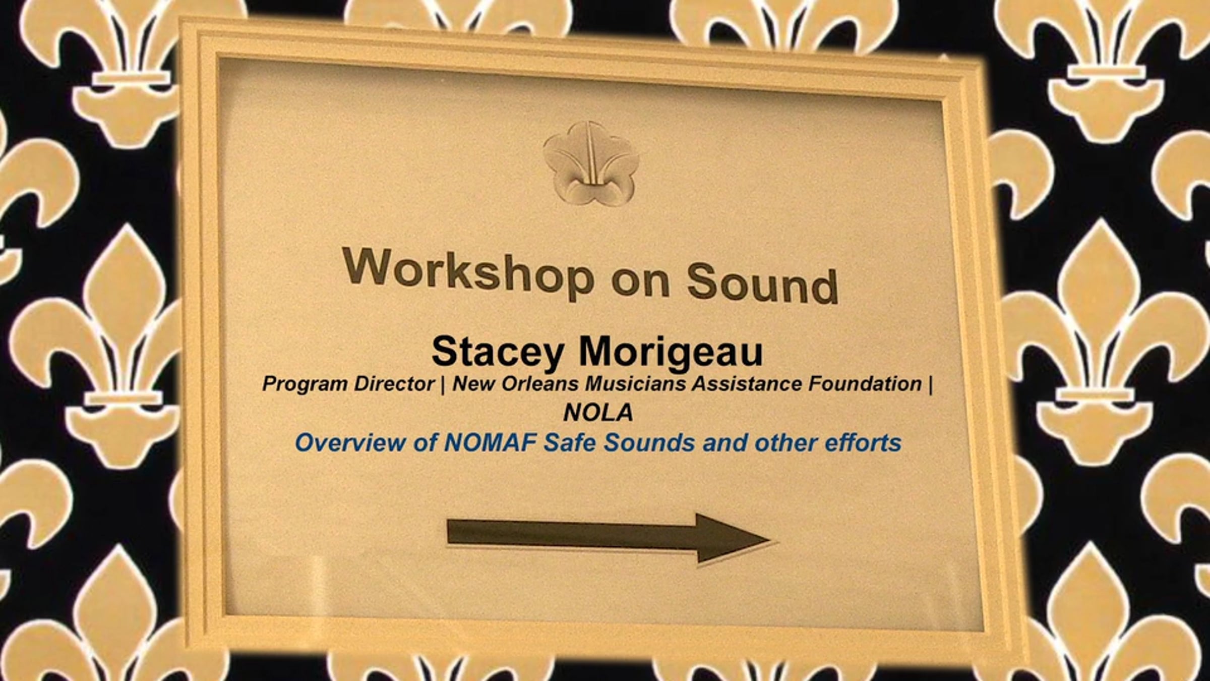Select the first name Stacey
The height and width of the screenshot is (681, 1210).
coord(497,352)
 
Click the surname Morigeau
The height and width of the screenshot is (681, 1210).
coord(670,351)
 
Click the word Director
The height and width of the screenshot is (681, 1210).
coord(394,384)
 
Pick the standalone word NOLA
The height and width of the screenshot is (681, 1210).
coord(598,413)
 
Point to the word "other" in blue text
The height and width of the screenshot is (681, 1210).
coord(786,443)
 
